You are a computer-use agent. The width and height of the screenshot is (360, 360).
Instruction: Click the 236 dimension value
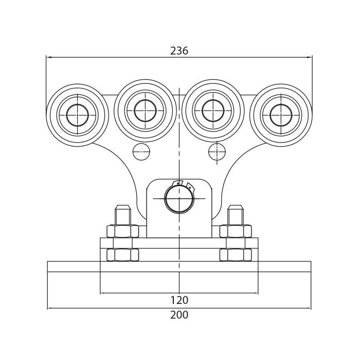179,50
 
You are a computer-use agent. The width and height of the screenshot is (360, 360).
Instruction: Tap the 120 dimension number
179,300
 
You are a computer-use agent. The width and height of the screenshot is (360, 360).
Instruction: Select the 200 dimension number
179,315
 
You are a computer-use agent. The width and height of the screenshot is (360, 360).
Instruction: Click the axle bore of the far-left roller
77,115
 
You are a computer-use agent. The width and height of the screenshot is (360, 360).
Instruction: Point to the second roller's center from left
145,111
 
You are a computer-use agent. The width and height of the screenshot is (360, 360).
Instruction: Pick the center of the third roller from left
213,111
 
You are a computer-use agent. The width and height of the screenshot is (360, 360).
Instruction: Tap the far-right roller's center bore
281,115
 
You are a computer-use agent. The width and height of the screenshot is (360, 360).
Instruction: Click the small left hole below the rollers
141,152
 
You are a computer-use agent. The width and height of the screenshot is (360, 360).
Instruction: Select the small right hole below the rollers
217,152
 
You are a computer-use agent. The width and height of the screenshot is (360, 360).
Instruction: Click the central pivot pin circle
179,199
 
